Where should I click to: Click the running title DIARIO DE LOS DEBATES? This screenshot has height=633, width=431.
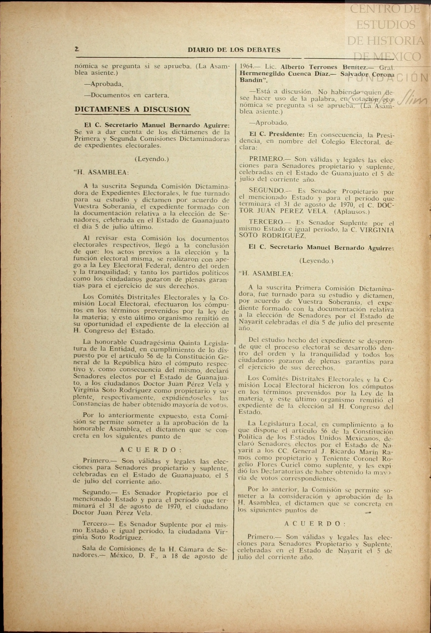coord(234,50)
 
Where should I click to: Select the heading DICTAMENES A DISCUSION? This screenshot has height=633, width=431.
coord(132,109)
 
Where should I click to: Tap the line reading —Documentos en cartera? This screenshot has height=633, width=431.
coord(126,95)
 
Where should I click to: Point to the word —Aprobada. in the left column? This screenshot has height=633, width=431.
coord(103,84)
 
